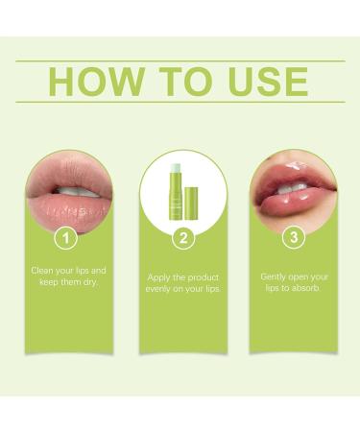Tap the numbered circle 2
[x=180, y=237]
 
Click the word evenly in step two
[x=161, y=289]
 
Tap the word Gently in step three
[x=276, y=276]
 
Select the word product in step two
[x=203, y=277]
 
